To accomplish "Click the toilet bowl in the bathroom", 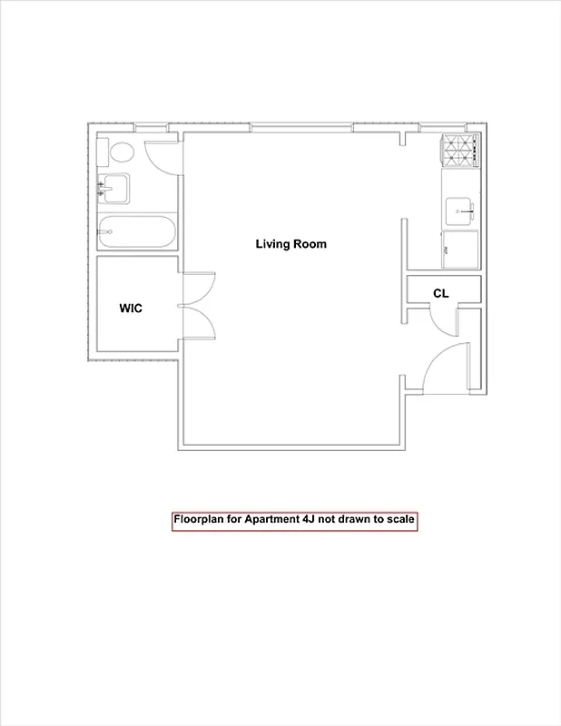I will pyautogui.click(x=122, y=152).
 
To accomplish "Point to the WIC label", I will pyautogui.click(x=131, y=309).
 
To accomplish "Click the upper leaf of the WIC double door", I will pyautogui.click(x=198, y=289).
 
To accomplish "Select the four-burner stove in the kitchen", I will pyautogui.click(x=459, y=152).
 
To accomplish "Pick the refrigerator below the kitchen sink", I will pyautogui.click(x=459, y=249).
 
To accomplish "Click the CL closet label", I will pyautogui.click(x=441, y=293).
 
